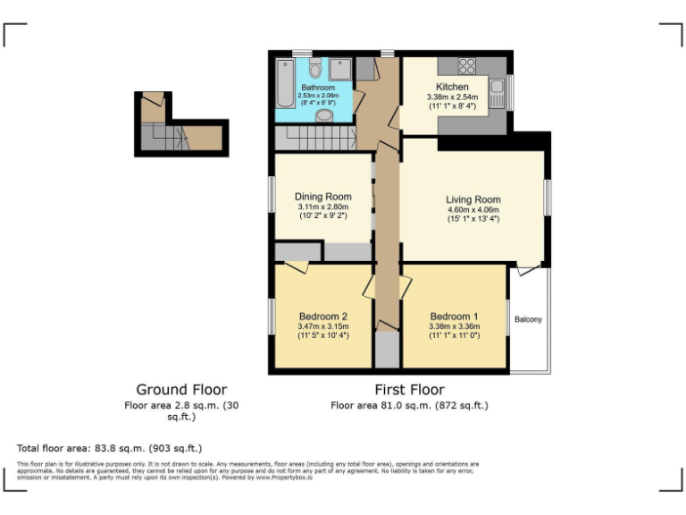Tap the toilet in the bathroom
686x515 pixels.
coord(314,69)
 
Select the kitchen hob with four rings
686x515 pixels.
coord(466,65)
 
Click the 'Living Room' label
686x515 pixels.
coord(473,200)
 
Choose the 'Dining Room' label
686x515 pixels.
coord(322,197)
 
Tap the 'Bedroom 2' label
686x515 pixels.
coord(322,316)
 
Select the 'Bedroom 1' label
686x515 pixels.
coord(454,316)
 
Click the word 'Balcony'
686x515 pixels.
coord(529,319)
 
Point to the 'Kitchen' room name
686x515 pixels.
coord(452,86)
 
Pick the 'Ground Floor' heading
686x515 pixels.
coord(180,390)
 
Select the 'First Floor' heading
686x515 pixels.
coord(409,390)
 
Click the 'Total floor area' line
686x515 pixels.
coord(109,447)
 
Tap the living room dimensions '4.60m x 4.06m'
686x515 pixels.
coord(473,211)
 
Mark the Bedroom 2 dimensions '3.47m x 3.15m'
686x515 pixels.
coord(322,326)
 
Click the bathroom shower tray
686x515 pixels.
coord(340,70)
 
